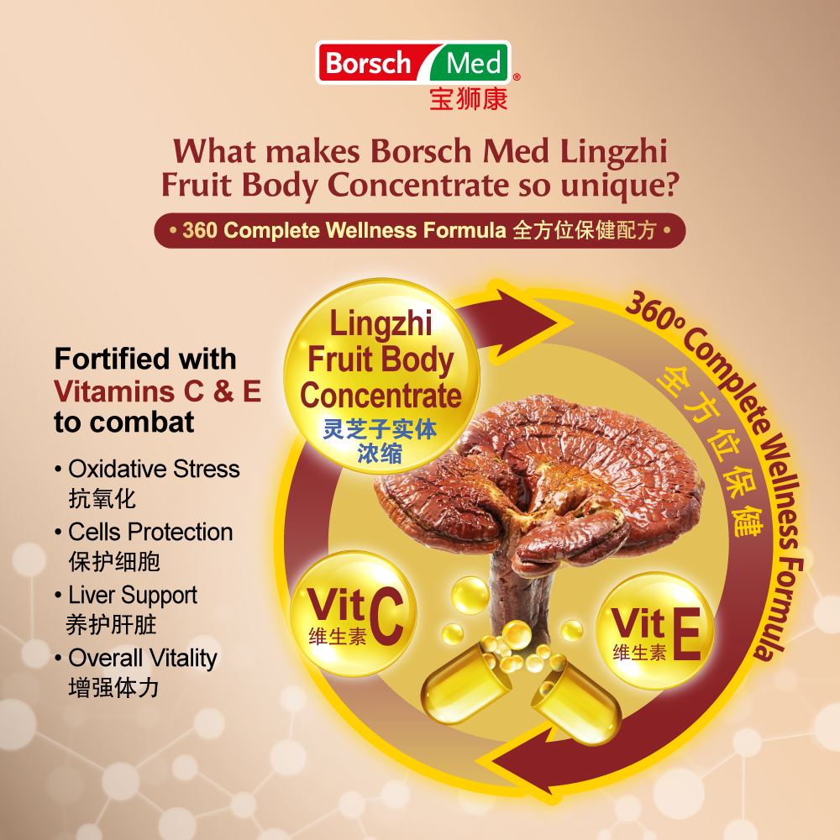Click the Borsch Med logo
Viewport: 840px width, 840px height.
tap(413, 63)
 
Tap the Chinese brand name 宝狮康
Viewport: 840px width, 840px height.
tap(468, 99)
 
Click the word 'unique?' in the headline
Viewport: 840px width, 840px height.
tap(620, 186)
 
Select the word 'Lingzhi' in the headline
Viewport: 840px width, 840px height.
tap(614, 152)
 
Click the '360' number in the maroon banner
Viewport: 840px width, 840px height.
tap(200, 230)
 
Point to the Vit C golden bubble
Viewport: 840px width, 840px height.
tap(354, 613)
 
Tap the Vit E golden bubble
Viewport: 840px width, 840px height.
tap(655, 631)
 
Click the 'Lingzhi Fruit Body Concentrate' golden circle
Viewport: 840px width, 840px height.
tap(381, 376)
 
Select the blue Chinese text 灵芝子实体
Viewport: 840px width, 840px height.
tap(380, 429)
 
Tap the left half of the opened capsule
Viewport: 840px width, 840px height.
tap(465, 683)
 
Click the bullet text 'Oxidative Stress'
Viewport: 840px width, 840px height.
tap(154, 470)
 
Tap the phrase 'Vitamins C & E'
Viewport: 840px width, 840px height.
tap(158, 391)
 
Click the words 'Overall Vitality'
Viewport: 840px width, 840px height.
tap(143, 659)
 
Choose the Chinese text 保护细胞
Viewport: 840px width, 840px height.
tap(114, 562)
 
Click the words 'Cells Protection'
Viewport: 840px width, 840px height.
tap(150, 533)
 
